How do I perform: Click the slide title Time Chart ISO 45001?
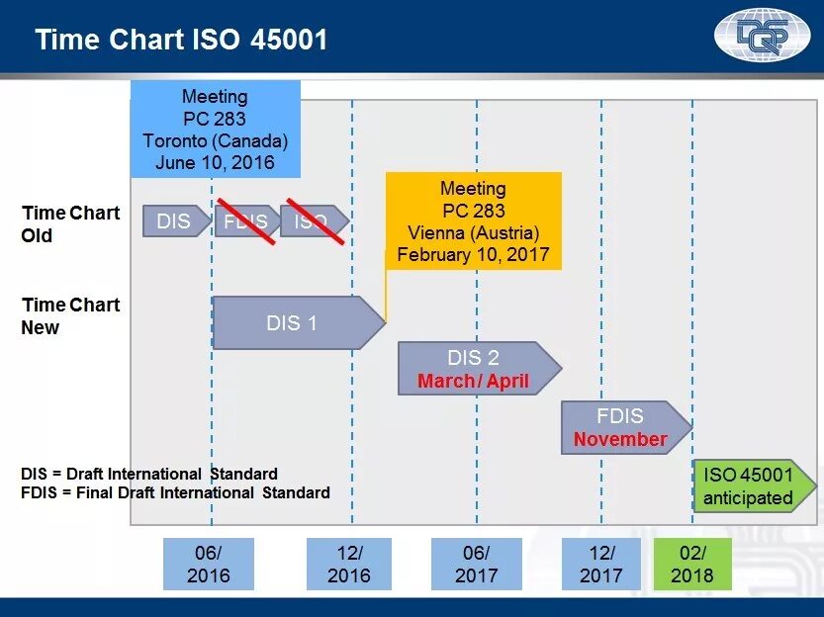coord(181,40)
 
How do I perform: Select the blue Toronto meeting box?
coord(215,130)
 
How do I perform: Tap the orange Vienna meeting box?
coord(473,221)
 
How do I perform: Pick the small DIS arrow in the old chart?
coord(176,221)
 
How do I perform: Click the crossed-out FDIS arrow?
coord(246,221)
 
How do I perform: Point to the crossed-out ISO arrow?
coord(314,221)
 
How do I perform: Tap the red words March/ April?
coord(473,381)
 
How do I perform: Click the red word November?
coord(620,439)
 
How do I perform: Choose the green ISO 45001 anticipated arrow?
coord(753,486)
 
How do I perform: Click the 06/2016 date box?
coord(208,565)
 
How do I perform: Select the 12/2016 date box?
coord(348,565)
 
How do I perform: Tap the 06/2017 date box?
coord(476,565)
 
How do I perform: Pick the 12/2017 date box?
coord(600,565)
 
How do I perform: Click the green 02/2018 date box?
coord(691,565)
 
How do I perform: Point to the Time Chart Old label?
coord(70,224)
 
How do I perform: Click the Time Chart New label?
coord(70,316)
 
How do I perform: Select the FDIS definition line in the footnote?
coord(175,492)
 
